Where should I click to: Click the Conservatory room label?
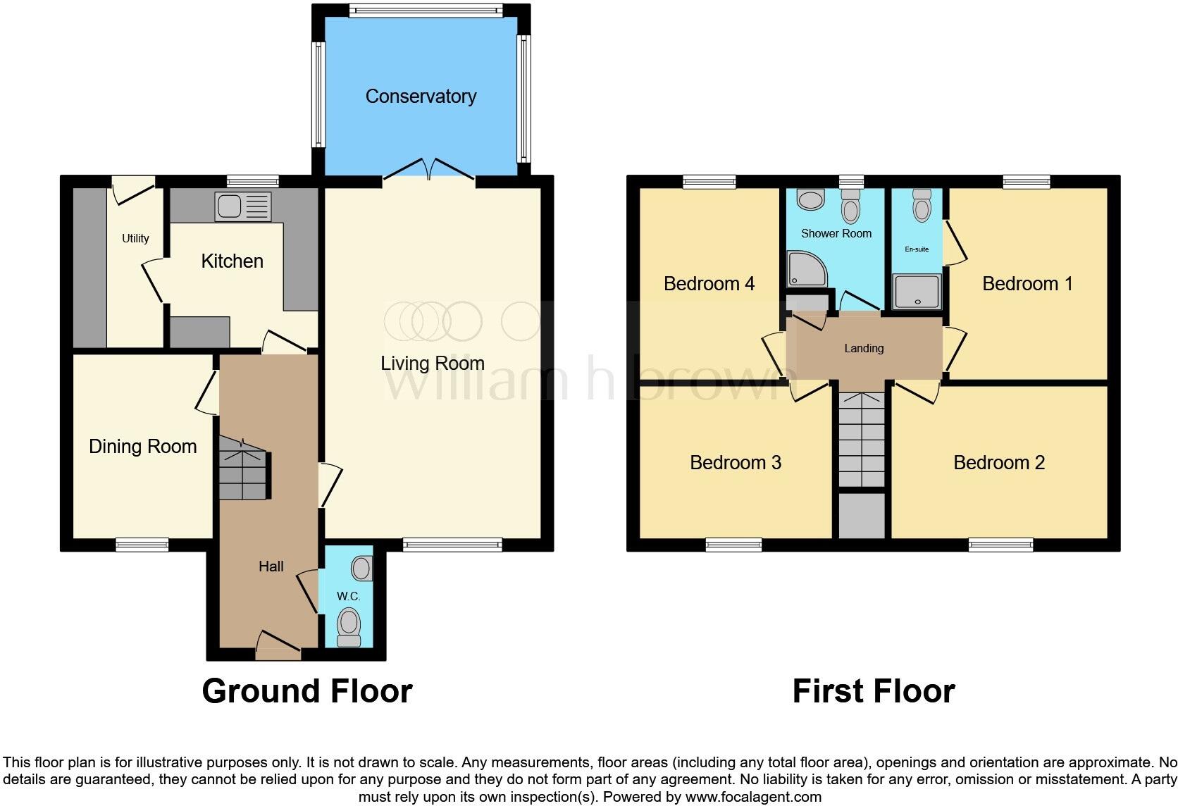point(421,97)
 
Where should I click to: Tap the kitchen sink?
point(242,206)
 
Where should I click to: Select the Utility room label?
point(135,238)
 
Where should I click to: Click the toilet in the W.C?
point(349,626)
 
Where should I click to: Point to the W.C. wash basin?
point(362,568)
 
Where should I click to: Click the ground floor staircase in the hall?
point(243,468)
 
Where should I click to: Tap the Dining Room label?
point(142,447)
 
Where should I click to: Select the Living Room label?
point(432,364)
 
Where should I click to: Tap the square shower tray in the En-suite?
point(917,292)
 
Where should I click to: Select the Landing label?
point(864,348)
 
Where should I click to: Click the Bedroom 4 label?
point(709,284)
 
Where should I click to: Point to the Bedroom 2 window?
point(1000,544)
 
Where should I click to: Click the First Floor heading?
point(873,691)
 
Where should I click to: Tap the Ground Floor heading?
point(306,691)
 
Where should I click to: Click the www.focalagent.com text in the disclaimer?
point(753,798)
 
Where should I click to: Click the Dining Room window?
point(142,544)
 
